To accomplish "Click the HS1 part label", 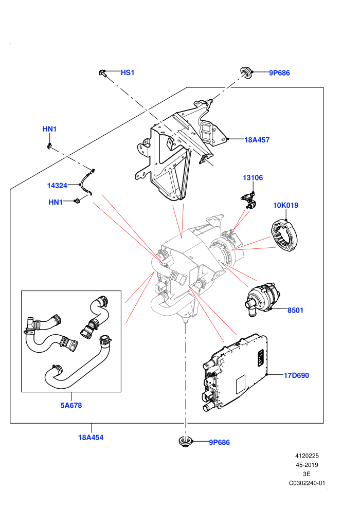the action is [x=127, y=72].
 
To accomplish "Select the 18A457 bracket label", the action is [x=257, y=140].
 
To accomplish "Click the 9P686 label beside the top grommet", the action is [x=279, y=73].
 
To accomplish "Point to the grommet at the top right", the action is [x=246, y=72].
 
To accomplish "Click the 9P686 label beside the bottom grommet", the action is [x=219, y=443].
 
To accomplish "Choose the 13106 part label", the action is [x=253, y=177].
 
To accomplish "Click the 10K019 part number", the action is [x=285, y=205].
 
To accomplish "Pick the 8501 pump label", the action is [x=295, y=311].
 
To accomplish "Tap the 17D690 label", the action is [x=296, y=376].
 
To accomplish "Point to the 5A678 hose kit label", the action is [x=71, y=406].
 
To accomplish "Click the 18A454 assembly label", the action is [x=91, y=438].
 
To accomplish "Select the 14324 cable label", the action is [x=57, y=186].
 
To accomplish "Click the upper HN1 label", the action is [x=49, y=129].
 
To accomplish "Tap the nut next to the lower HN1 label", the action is [x=77, y=201].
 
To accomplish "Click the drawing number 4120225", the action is [x=307, y=456].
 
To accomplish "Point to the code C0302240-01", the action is [x=307, y=483].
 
